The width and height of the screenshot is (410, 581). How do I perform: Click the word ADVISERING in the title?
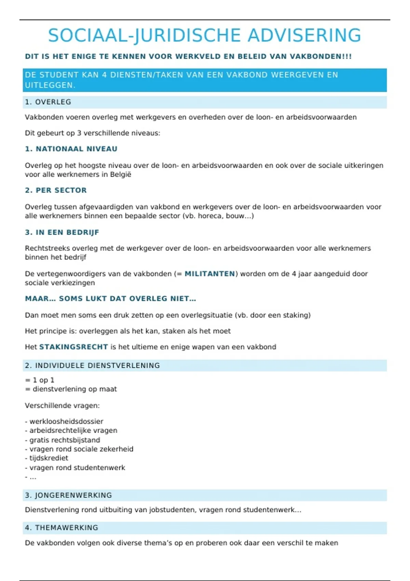click(x=304, y=36)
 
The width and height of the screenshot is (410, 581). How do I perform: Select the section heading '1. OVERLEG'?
click(x=48, y=102)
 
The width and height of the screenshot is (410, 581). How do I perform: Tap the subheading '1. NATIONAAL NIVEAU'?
click(x=71, y=149)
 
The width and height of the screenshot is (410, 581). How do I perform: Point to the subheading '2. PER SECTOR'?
click(x=56, y=190)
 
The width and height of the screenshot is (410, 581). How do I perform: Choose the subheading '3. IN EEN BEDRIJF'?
click(x=62, y=233)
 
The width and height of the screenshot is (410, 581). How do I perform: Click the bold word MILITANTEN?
click(x=210, y=274)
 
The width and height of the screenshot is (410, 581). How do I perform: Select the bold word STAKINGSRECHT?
click(x=73, y=347)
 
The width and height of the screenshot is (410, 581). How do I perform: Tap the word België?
click(x=121, y=175)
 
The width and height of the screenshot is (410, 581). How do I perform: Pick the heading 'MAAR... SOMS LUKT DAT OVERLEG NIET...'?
click(x=110, y=299)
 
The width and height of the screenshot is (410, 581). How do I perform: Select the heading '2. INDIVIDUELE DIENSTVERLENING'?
click(x=92, y=366)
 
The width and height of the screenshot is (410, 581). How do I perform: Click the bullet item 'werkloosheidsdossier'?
click(x=66, y=421)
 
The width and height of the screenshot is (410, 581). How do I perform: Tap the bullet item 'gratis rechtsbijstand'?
click(x=65, y=440)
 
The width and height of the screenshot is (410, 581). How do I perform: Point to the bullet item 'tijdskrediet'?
click(x=49, y=458)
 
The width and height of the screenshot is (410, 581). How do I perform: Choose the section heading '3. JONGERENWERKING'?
click(x=68, y=495)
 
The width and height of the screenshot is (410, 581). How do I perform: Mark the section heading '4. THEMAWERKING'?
click(x=61, y=528)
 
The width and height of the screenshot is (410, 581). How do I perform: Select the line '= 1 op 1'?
click(x=40, y=380)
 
